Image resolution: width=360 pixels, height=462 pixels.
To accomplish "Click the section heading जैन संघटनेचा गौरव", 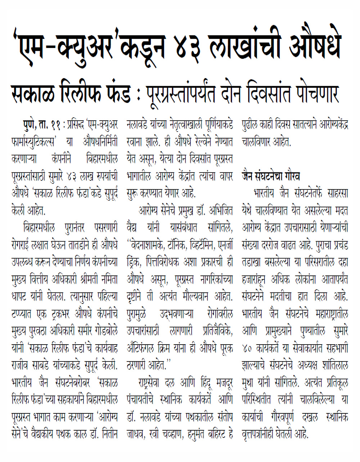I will [x=271, y=176].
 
